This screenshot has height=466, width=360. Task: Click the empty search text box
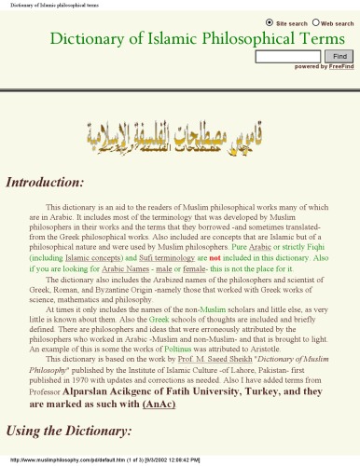click(x=286, y=57)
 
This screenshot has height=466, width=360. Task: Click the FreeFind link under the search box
click(x=341, y=67)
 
